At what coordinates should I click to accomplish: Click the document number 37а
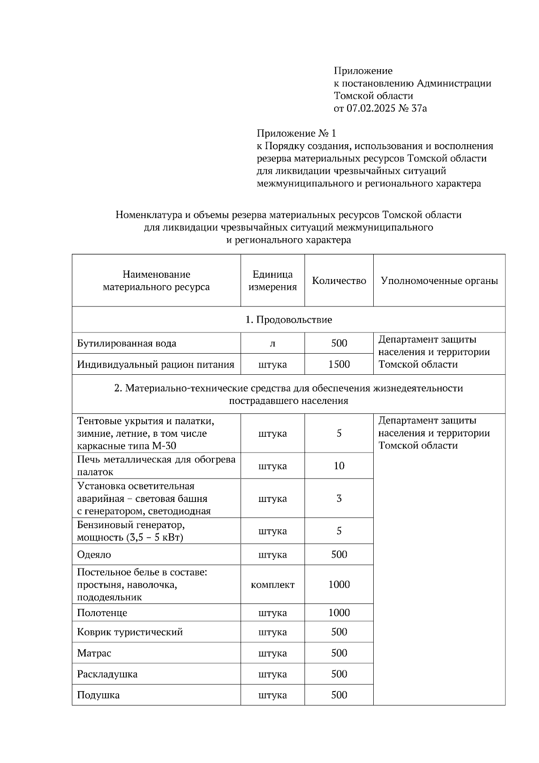click(419, 108)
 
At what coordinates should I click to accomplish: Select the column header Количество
click(339, 281)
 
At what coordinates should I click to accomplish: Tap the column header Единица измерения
click(273, 281)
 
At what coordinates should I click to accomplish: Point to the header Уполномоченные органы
click(439, 281)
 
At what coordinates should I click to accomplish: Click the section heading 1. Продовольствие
click(288, 320)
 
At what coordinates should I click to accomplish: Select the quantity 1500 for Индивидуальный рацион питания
click(339, 364)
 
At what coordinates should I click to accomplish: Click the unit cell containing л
click(273, 344)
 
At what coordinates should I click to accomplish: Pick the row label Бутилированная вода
click(127, 344)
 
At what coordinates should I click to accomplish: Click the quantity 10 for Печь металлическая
click(339, 466)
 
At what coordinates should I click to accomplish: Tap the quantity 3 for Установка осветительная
click(339, 498)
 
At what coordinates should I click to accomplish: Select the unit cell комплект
click(273, 585)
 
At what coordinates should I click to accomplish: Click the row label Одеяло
click(94, 555)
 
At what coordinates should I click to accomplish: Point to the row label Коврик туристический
click(130, 632)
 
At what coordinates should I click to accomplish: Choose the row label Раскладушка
click(107, 674)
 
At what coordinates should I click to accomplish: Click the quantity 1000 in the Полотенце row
click(339, 613)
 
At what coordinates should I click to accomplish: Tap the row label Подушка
click(98, 696)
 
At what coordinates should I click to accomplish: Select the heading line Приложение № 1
click(296, 133)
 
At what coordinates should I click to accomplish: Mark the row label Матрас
click(94, 653)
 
